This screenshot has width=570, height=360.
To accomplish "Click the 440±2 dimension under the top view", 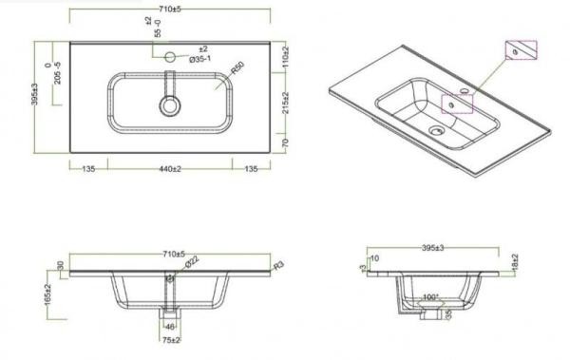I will (x=170, y=169).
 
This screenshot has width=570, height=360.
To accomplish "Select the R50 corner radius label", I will (x=237, y=66).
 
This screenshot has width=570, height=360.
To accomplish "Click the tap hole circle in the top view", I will (x=171, y=56).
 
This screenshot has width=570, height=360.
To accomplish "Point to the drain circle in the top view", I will (x=170, y=104).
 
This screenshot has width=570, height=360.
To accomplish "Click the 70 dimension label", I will (x=284, y=142).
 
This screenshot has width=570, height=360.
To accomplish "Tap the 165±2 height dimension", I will (x=47, y=294).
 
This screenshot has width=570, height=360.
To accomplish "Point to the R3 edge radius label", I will (x=278, y=266).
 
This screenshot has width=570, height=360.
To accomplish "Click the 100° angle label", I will (x=431, y=297).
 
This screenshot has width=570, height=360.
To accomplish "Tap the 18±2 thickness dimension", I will (x=514, y=260).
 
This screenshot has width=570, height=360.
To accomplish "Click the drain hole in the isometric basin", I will (x=437, y=132).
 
